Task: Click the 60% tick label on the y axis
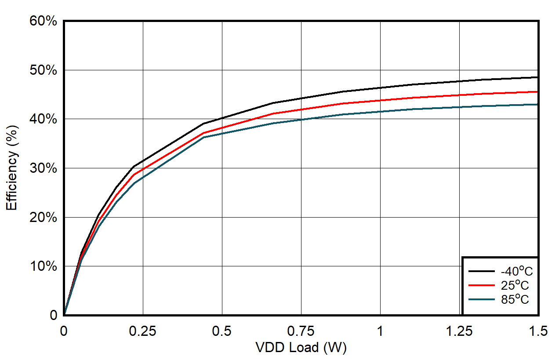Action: click(x=43, y=21)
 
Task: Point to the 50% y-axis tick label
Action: click(x=43, y=70)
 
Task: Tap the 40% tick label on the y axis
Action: click(x=43, y=119)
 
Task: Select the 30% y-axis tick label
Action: click(x=43, y=168)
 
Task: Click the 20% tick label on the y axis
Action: click(x=43, y=218)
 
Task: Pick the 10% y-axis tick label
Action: click(x=43, y=266)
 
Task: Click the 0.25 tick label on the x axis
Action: click(x=143, y=331)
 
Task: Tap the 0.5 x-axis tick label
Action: click(x=222, y=331)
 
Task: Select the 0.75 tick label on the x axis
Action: click(x=301, y=331)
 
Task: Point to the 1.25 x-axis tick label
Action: click(x=459, y=331)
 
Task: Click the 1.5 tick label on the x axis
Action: click(x=538, y=331)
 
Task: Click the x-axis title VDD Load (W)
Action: click(x=301, y=348)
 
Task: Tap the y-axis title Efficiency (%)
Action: click(x=12, y=168)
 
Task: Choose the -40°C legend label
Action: click(x=516, y=271)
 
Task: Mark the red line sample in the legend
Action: click(x=482, y=285)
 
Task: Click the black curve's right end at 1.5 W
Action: click(x=537, y=77)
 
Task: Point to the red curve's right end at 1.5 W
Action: click(x=537, y=92)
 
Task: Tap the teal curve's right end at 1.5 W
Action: click(x=537, y=104)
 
